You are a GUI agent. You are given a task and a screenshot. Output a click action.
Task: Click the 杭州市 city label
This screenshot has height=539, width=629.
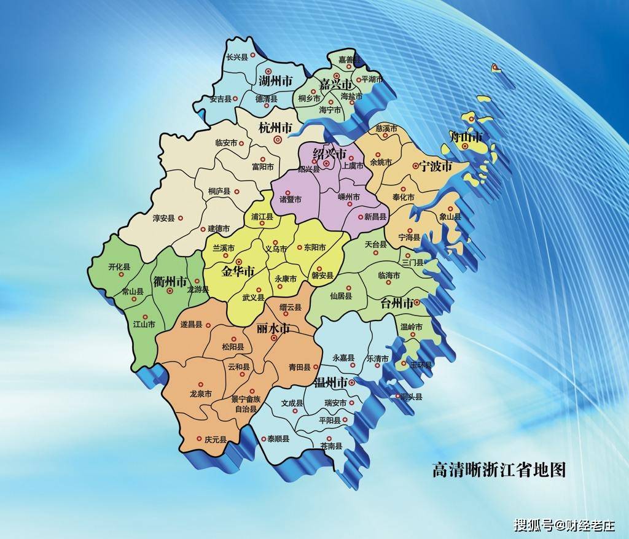click(x=275, y=128)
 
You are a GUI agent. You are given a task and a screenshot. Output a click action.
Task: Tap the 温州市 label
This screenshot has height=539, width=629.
click(x=330, y=382)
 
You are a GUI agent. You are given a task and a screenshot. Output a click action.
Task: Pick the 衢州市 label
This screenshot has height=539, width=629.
click(x=170, y=282)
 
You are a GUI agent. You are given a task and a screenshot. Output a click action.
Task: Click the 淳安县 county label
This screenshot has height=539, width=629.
click(x=164, y=218)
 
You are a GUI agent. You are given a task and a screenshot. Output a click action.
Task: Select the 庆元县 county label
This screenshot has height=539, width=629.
click(x=216, y=440)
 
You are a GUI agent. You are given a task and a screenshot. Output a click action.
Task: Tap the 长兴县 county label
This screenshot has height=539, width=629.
click(x=236, y=57)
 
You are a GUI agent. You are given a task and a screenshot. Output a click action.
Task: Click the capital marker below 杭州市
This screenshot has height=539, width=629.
click(x=277, y=139)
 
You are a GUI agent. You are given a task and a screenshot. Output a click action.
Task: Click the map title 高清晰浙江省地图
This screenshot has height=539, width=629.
click(x=498, y=470)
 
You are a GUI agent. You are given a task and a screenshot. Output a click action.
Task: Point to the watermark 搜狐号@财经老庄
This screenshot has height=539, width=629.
click(x=564, y=525)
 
